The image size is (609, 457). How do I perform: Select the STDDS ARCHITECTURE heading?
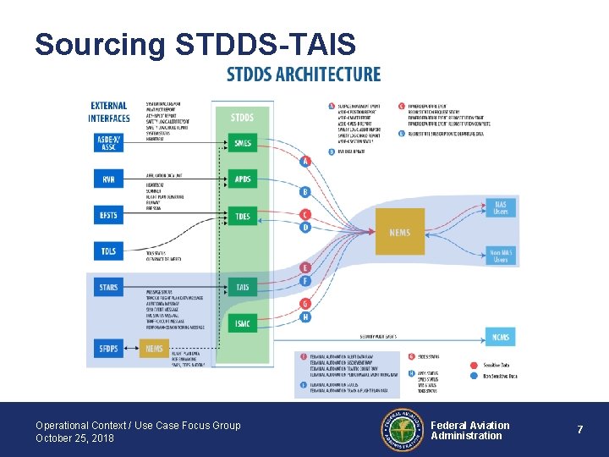(x=304, y=74)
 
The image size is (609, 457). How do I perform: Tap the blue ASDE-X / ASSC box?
(x=108, y=141)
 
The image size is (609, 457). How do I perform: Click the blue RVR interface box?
(x=108, y=179)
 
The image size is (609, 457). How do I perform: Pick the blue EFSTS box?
(x=108, y=216)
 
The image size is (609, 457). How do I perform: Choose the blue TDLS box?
(x=108, y=251)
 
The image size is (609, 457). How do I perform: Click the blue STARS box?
(x=108, y=288)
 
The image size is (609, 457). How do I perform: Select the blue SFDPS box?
(x=108, y=348)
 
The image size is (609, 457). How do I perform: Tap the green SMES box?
(x=243, y=143)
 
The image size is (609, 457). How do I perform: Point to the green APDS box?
(x=243, y=179)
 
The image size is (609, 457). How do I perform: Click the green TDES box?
(x=243, y=216)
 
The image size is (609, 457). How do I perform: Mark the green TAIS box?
(x=243, y=288)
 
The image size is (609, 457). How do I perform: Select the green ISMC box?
(x=243, y=323)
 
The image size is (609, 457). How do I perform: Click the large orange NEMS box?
(x=400, y=232)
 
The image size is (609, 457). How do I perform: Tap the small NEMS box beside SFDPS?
(x=154, y=348)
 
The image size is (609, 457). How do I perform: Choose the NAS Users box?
(x=501, y=207)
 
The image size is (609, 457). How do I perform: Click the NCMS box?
(x=501, y=337)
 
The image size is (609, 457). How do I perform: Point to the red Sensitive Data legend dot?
(x=475, y=365)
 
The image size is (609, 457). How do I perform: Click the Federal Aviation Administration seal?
(x=403, y=430)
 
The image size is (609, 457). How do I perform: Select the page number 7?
(x=580, y=430)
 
